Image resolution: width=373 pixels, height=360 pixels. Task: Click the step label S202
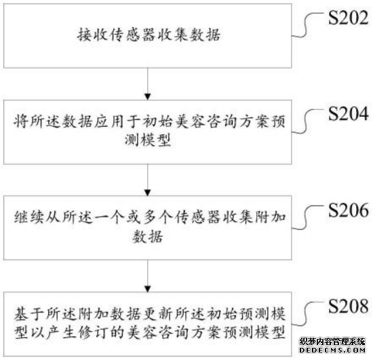tap(349, 18)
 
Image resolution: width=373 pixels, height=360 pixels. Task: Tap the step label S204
tap(349, 114)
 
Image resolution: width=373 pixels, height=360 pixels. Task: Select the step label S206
tap(349, 210)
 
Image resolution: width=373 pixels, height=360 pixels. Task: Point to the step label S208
tap(349, 306)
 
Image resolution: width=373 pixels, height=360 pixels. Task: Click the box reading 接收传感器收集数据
tap(147, 36)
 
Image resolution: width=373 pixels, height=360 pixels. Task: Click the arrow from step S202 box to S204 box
tap(147, 83)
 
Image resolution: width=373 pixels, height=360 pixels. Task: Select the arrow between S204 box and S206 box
tap(147, 180)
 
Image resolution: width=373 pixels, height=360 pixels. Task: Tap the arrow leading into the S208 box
tap(147, 276)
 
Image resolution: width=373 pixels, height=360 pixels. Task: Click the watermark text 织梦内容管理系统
tap(332, 342)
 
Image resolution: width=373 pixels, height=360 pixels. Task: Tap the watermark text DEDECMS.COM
tap(332, 350)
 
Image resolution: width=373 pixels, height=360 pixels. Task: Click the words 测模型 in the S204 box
tap(148, 140)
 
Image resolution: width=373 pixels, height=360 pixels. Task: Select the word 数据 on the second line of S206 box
tap(148, 237)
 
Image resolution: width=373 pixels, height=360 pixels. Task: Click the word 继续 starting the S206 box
tap(29, 217)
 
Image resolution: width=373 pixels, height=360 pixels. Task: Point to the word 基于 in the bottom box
tap(29, 313)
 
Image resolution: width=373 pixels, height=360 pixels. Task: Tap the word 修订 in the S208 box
tap(94, 332)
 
